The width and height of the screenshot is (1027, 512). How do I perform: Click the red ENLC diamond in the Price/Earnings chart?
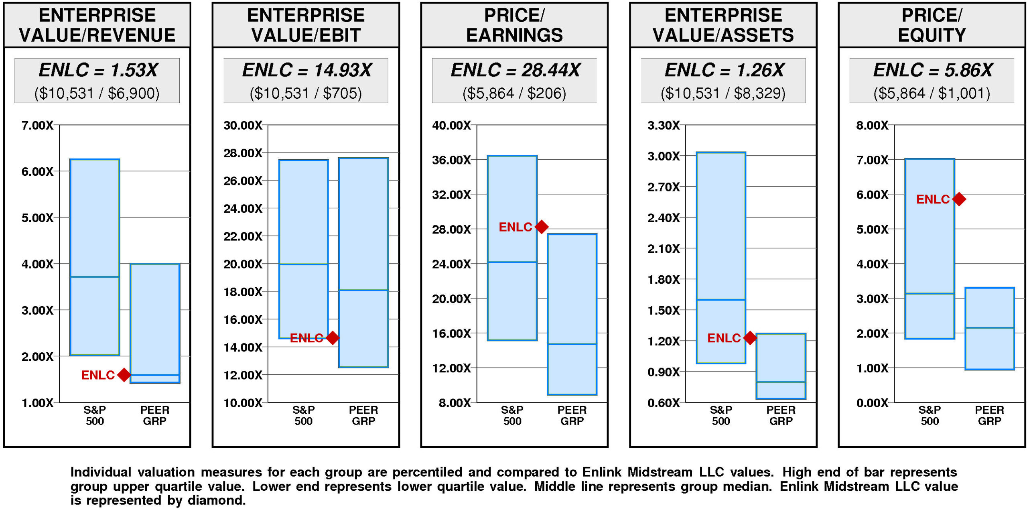tap(542, 227)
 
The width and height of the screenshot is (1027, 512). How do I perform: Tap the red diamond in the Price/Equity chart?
tap(959, 199)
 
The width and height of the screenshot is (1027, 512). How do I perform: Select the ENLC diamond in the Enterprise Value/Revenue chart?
tap(124, 375)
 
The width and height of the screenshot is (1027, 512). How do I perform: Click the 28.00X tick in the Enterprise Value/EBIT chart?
tap(243, 153)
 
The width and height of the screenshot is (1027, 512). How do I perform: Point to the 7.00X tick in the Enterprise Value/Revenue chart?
tap(37, 125)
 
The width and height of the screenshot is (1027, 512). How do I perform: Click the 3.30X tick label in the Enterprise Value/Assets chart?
tap(664, 125)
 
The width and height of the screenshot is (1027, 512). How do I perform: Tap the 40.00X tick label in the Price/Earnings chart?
tap(451, 125)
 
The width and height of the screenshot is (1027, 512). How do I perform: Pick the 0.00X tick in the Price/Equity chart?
tap(872, 402)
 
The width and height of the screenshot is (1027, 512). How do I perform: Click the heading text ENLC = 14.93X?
tap(306, 70)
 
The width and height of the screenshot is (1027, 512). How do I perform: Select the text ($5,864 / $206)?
tap(514, 93)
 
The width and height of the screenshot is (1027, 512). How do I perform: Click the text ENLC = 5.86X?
tap(933, 70)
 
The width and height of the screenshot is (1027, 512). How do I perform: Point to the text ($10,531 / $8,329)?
tap(723, 93)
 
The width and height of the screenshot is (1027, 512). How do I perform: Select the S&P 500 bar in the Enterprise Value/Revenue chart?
tap(95, 257)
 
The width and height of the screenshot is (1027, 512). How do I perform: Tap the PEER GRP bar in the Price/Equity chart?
tap(989, 328)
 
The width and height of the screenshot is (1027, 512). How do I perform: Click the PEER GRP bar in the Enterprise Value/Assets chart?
tap(781, 366)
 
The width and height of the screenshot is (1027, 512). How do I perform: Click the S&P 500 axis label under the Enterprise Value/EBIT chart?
tap(303, 415)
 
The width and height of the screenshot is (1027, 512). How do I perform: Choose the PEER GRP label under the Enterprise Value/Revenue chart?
tap(154, 415)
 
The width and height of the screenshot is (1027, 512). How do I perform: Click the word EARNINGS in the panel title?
tap(514, 35)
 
